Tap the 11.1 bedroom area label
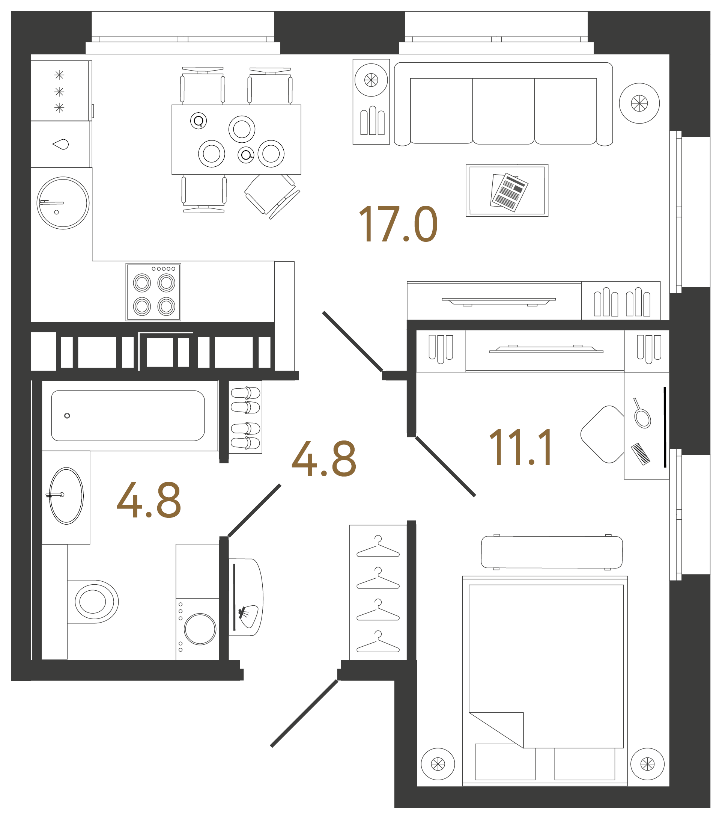click(520, 448)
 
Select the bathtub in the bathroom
click(128, 416)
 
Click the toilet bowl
click(93, 602)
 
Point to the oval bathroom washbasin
click(66, 496)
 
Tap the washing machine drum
click(200, 629)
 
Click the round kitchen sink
click(63, 203)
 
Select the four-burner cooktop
click(153, 292)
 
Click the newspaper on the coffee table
click(508, 192)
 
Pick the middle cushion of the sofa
click(503, 111)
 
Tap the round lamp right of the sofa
click(639, 103)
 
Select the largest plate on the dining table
click(242, 129)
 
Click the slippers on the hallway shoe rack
click(245, 417)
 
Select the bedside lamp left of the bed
click(438, 764)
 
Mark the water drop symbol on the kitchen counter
click(61, 144)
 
